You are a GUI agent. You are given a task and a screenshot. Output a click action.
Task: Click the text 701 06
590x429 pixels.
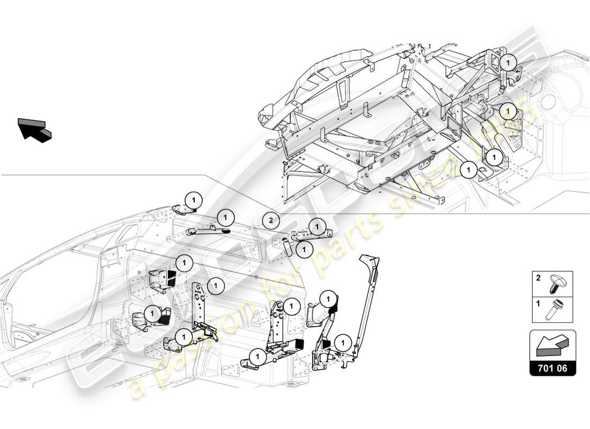553,368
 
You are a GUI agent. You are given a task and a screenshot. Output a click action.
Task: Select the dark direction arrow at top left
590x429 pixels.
35,129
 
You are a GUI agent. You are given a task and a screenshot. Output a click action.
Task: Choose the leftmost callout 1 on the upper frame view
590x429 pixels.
468,169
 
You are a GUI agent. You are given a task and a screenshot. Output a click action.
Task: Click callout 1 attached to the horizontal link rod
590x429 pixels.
226,218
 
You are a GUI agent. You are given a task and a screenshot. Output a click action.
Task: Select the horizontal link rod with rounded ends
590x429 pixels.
207,231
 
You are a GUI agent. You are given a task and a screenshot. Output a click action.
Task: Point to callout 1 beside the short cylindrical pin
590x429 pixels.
304,249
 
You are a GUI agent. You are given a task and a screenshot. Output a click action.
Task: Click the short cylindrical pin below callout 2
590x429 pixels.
286,246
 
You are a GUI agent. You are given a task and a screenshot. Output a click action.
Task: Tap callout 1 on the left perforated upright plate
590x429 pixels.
215,286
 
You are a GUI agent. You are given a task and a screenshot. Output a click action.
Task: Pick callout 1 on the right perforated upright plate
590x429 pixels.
291,307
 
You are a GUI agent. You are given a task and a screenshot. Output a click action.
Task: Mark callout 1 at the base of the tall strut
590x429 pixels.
341,342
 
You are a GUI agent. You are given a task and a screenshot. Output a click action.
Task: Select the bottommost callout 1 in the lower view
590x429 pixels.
257,356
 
